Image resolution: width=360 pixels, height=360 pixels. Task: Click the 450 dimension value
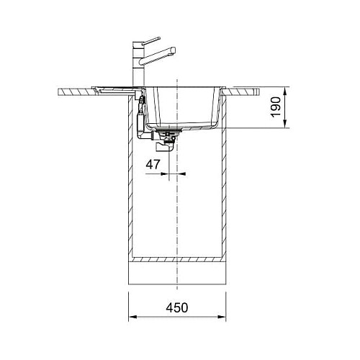[x=177, y=307]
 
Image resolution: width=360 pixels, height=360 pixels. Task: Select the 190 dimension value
[x=276, y=107]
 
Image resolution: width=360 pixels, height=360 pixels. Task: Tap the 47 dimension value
[x=153, y=164]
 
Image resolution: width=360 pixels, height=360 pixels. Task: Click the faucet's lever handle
[x=150, y=40]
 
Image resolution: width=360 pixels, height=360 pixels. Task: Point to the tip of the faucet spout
[x=174, y=50]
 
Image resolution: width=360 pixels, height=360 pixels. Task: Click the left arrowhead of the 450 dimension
[x=132, y=317]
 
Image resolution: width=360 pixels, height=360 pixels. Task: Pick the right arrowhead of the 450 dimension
[x=222, y=317]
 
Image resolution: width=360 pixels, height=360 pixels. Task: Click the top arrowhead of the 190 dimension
[x=285, y=91]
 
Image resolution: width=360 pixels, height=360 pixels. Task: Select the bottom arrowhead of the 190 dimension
[x=285, y=124]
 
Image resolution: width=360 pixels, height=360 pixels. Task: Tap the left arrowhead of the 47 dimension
[x=165, y=174]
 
